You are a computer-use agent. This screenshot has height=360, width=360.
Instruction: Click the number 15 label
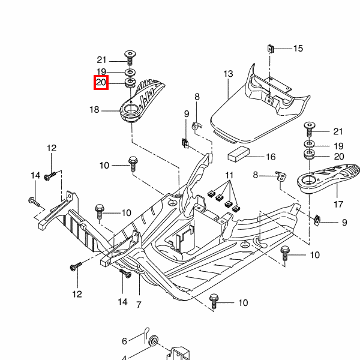(298, 49)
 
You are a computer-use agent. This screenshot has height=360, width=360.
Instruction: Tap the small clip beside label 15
(271, 48)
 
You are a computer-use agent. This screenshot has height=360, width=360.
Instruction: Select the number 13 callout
(228, 74)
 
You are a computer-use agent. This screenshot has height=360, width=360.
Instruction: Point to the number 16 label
(271, 157)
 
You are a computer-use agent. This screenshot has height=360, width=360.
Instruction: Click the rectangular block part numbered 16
(239, 153)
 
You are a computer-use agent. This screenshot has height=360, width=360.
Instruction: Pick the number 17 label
(338, 204)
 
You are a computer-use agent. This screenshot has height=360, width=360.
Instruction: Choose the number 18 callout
(95, 110)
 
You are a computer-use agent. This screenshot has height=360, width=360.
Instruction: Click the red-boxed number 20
(101, 83)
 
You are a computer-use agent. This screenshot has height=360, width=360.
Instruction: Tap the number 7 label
(139, 305)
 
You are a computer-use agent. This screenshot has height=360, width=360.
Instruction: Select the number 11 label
(229, 175)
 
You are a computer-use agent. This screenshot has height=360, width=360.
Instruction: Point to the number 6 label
(124, 341)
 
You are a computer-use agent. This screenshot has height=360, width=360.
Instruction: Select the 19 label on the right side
(338, 146)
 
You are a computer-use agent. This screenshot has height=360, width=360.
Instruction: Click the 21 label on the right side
(338, 131)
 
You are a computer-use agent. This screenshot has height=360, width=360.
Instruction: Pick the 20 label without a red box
(338, 157)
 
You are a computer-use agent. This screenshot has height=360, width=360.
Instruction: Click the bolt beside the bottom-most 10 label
(214, 299)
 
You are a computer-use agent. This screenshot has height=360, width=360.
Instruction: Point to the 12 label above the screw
(51, 148)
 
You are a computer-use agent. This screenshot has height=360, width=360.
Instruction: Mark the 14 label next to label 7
(122, 302)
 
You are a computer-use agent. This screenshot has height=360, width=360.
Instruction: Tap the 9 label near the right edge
(344, 223)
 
